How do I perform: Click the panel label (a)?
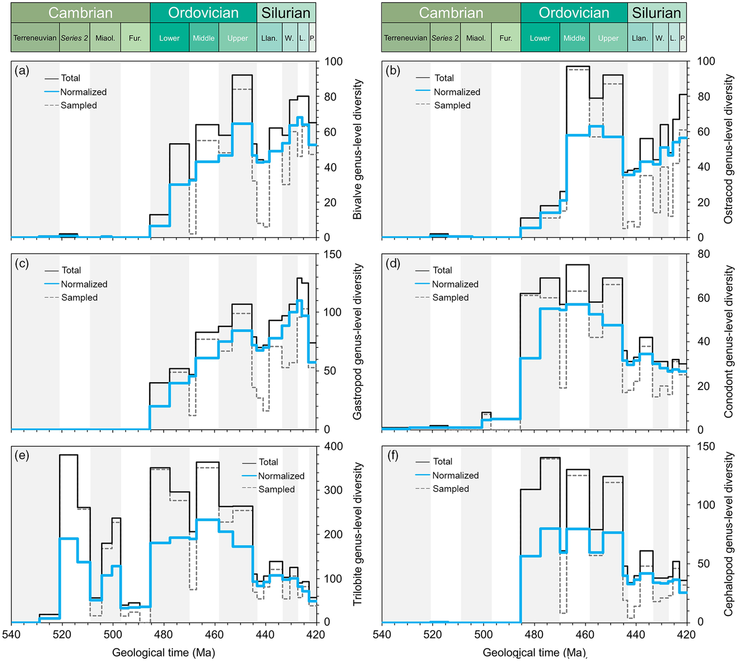[22, 70]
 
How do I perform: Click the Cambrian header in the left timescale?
[80, 13]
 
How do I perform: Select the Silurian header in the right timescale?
[656, 13]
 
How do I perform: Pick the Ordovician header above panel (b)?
[574, 13]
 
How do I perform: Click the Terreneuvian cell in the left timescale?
[35, 38]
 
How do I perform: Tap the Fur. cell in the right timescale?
[506, 38]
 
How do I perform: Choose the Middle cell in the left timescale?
[203, 38]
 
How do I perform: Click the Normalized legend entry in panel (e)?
[281, 476]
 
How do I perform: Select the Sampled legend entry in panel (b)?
[452, 105]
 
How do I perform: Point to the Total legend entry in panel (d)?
[442, 270]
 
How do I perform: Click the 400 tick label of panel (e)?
[333, 446]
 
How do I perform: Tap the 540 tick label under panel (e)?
[11, 634]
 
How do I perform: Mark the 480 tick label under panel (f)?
[534, 634]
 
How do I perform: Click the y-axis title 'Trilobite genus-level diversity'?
[358, 534]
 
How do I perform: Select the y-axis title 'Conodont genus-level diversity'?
[728, 341]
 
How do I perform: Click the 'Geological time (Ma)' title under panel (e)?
[163, 653]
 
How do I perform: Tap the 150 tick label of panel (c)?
[333, 254]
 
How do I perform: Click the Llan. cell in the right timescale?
[640, 38]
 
